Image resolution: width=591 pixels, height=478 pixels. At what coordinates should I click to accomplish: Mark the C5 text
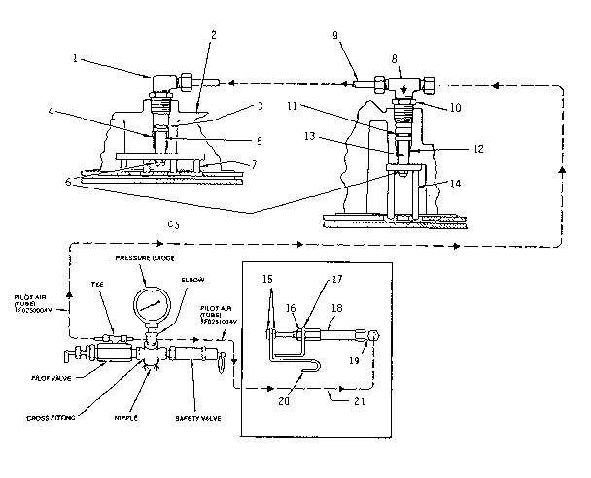[x=174, y=223]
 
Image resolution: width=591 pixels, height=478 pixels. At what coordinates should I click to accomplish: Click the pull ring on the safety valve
[x=221, y=363]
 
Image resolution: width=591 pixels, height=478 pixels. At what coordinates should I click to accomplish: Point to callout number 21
[x=360, y=399]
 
